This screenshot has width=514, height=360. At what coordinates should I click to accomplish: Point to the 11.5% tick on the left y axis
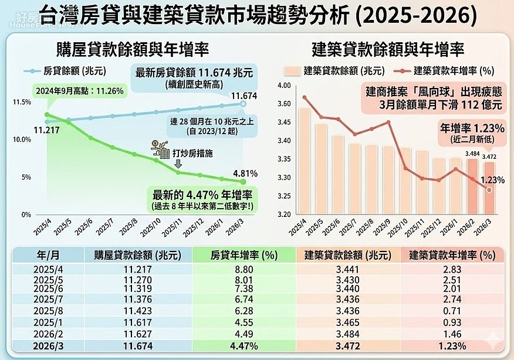pos(22,102)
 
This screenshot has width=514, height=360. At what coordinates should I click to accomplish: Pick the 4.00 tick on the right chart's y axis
pos(284,86)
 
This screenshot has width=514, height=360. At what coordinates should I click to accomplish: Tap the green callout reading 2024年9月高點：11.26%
pos(75,91)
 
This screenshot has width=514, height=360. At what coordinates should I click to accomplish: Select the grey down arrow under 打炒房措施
pos(179,164)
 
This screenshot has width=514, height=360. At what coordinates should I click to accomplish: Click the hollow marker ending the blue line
pos(244,104)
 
